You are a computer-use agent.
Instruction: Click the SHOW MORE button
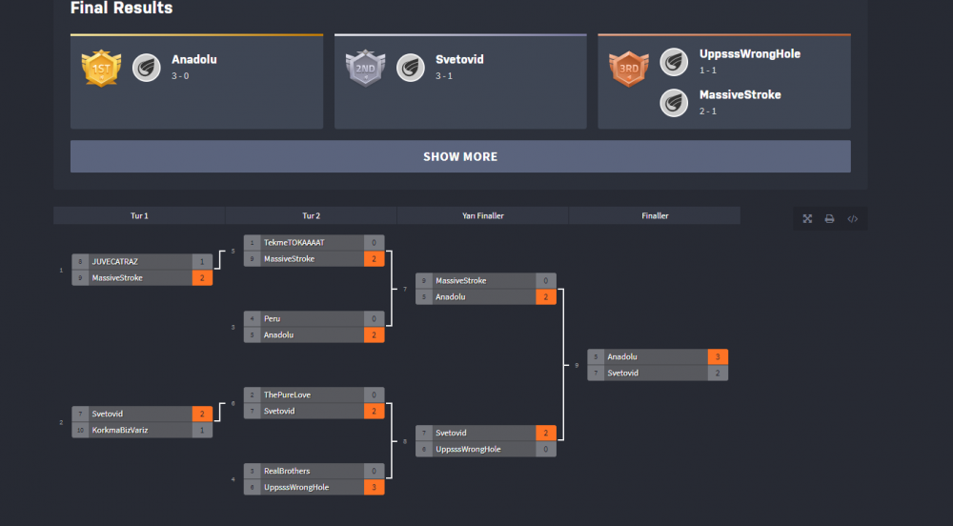(460, 157)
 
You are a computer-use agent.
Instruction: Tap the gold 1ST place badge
(100, 68)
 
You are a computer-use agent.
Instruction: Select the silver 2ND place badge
(364, 68)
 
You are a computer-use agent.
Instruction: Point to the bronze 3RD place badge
(628, 68)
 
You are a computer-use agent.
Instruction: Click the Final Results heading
(122, 9)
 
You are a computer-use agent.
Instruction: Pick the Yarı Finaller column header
(482, 216)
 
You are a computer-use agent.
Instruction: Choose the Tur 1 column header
(139, 216)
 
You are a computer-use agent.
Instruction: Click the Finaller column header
(655, 216)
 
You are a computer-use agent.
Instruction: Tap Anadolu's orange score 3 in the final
(718, 357)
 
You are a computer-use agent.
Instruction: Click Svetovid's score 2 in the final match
(718, 374)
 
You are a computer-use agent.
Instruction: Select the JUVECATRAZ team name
(115, 261)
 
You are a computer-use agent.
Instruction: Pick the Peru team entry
(273, 318)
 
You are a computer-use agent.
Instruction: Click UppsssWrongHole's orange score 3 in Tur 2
(374, 488)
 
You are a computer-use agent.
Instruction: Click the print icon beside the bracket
(830, 219)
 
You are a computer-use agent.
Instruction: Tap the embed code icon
(853, 219)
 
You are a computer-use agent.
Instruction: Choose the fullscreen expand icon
(807, 219)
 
